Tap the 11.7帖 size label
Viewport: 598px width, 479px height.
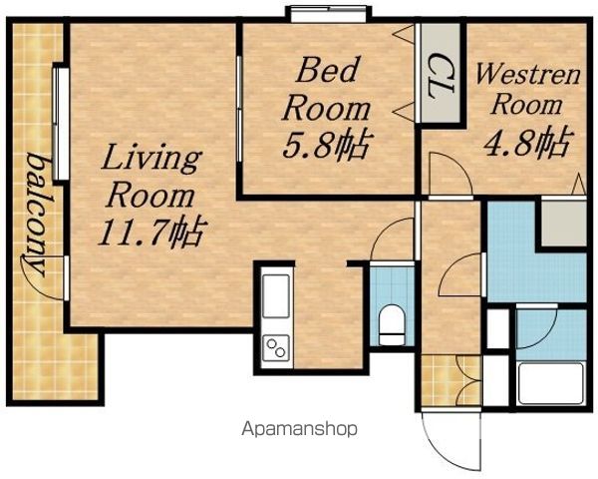coord(152,232)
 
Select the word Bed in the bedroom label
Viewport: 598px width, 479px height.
coord(328,70)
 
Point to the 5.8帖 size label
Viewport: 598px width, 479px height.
coord(327,145)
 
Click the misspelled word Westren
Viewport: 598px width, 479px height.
coord(527,75)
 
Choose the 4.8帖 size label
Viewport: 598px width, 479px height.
coord(528,141)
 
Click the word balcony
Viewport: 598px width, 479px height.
coord(38,214)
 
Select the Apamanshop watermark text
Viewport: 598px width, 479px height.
coord(299,429)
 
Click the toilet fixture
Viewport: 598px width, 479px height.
coord(392,324)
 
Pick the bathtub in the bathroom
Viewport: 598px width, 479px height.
coord(550,383)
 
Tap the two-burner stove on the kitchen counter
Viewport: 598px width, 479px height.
coord(276,347)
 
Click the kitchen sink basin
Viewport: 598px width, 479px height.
coord(276,296)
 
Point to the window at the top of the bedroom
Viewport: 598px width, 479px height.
coord(329,14)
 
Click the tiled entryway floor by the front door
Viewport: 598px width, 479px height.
coord(451,380)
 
